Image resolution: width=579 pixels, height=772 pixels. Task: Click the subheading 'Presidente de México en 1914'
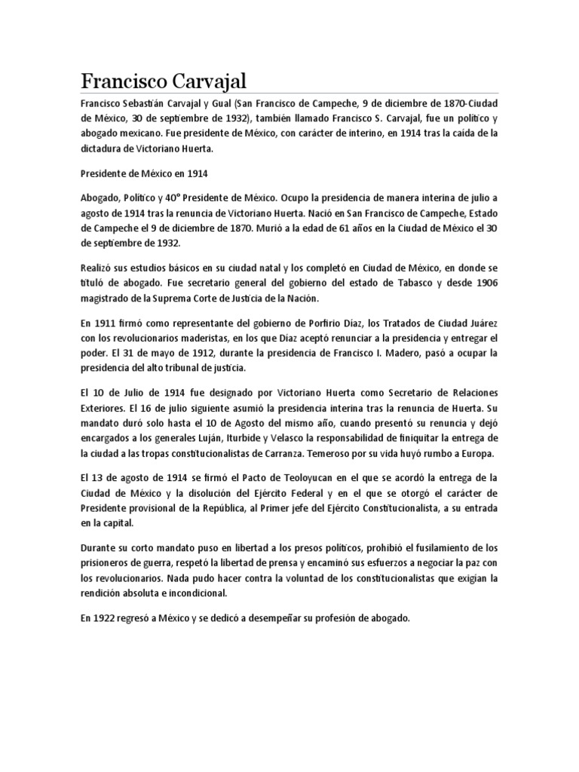pos(143,173)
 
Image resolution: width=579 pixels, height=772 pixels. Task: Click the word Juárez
pos(481,323)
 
